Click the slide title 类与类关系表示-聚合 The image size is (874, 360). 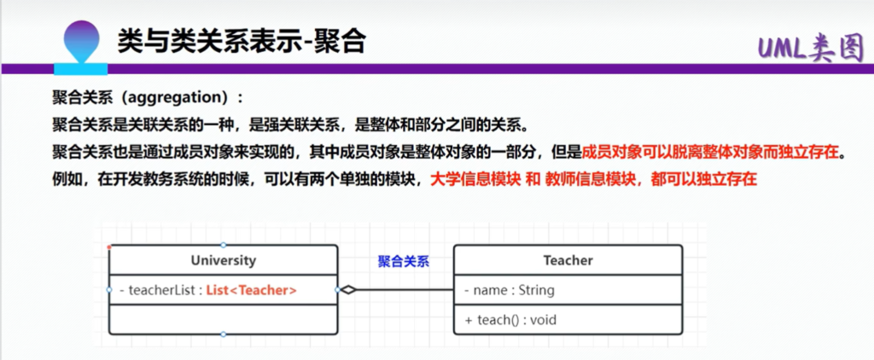click(x=242, y=42)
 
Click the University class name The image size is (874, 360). click(x=223, y=259)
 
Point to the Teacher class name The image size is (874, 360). click(x=568, y=259)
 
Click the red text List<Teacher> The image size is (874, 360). click(x=252, y=290)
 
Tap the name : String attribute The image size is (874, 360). click(x=510, y=290)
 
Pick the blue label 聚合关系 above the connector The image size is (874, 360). click(x=404, y=262)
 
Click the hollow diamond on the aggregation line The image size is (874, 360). click(x=348, y=290)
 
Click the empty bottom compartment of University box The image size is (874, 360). click(x=223, y=319)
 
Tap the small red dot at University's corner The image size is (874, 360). click(x=109, y=246)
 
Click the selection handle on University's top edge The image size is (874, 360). click(x=223, y=245)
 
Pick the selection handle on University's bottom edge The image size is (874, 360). click(x=223, y=334)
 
